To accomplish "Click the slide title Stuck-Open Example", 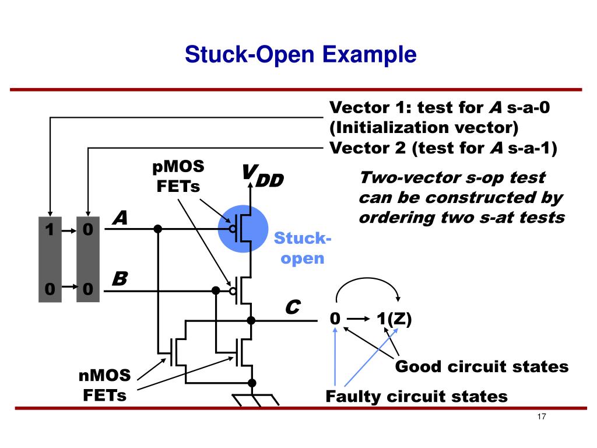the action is tap(300, 54).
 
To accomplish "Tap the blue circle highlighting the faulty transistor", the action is tap(243, 229).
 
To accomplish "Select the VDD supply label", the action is tap(263, 176).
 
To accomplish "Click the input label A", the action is tap(120, 218).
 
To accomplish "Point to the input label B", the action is tap(120, 278).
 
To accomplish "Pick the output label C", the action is tap(293, 307).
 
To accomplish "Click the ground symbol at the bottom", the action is tap(255, 400).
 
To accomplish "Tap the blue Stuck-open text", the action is tap(303, 248).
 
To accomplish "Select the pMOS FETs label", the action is tap(178, 176).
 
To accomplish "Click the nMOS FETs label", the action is tap(105, 385).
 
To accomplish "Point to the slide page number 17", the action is tap(542, 416).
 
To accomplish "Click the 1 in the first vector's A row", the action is tap(50, 230).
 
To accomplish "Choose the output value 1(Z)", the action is tap(394, 319).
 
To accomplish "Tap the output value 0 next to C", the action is tap(335, 318).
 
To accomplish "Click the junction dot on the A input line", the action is tap(158, 229).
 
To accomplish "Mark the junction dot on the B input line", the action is tap(216, 290).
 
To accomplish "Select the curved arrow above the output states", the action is tap(367, 278).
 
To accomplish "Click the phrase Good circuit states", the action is tap(482, 366).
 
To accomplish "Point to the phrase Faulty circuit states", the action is tap(416, 396).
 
